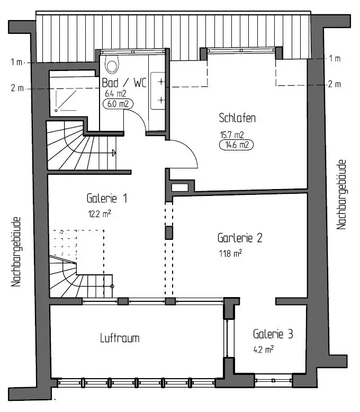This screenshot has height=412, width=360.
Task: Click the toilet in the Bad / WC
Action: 112,65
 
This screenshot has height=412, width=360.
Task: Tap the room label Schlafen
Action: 238,118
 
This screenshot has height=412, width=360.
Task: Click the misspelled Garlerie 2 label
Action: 240,238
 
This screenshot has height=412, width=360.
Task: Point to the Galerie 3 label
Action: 273,334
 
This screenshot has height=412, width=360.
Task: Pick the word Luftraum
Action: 120,337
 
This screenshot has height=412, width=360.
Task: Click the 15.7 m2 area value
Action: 232,134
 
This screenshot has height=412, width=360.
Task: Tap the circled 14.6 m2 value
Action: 236,144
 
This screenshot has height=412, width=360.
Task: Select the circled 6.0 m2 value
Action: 117,104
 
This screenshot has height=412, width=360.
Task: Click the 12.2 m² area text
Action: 99,214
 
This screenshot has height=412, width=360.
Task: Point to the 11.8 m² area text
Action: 230,254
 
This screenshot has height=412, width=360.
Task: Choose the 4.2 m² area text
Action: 263,350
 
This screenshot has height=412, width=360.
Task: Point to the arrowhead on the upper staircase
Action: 114,153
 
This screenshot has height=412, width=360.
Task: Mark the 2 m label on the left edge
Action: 16,88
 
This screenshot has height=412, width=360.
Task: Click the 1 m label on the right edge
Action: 334,58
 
